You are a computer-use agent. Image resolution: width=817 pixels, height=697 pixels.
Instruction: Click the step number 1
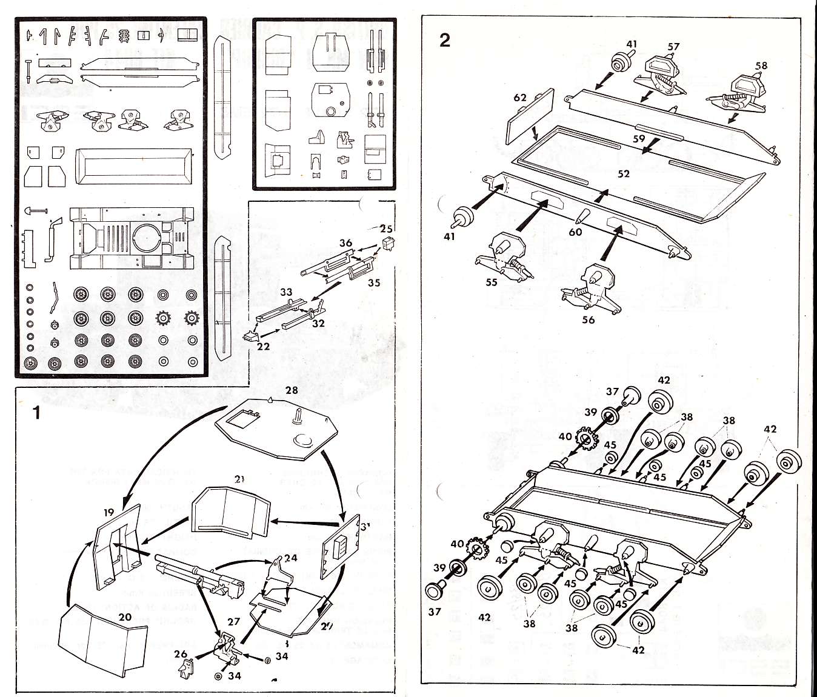pos(37,413)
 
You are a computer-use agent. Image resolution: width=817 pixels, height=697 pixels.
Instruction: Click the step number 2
pos(445,41)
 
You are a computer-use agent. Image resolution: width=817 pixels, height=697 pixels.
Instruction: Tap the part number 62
pos(519,97)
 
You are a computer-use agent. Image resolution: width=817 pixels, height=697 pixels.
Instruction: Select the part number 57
pos(673,46)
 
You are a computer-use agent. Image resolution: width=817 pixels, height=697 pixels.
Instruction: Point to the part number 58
pos(761,65)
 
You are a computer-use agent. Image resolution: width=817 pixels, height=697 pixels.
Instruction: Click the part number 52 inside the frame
pos(624,174)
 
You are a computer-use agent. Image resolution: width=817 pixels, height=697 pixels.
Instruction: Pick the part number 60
pos(575,232)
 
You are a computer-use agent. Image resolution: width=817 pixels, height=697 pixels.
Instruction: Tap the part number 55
pos(492,282)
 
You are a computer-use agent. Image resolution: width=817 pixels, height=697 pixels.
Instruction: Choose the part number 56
pos(588,319)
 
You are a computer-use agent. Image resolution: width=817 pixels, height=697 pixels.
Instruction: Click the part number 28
pos(292,390)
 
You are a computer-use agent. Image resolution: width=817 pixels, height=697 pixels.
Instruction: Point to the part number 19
pos(108,512)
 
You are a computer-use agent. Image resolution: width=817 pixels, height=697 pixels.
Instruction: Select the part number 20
pos(125,617)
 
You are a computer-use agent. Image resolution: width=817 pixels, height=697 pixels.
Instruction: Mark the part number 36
pos(345,243)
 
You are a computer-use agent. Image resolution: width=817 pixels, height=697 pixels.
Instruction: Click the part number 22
pos(263,347)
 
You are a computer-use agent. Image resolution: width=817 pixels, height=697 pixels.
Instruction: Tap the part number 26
pos(181,654)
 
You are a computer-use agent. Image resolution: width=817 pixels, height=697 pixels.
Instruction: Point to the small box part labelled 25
pos(389,244)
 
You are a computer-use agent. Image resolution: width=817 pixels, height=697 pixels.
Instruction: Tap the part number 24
pos(291,558)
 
